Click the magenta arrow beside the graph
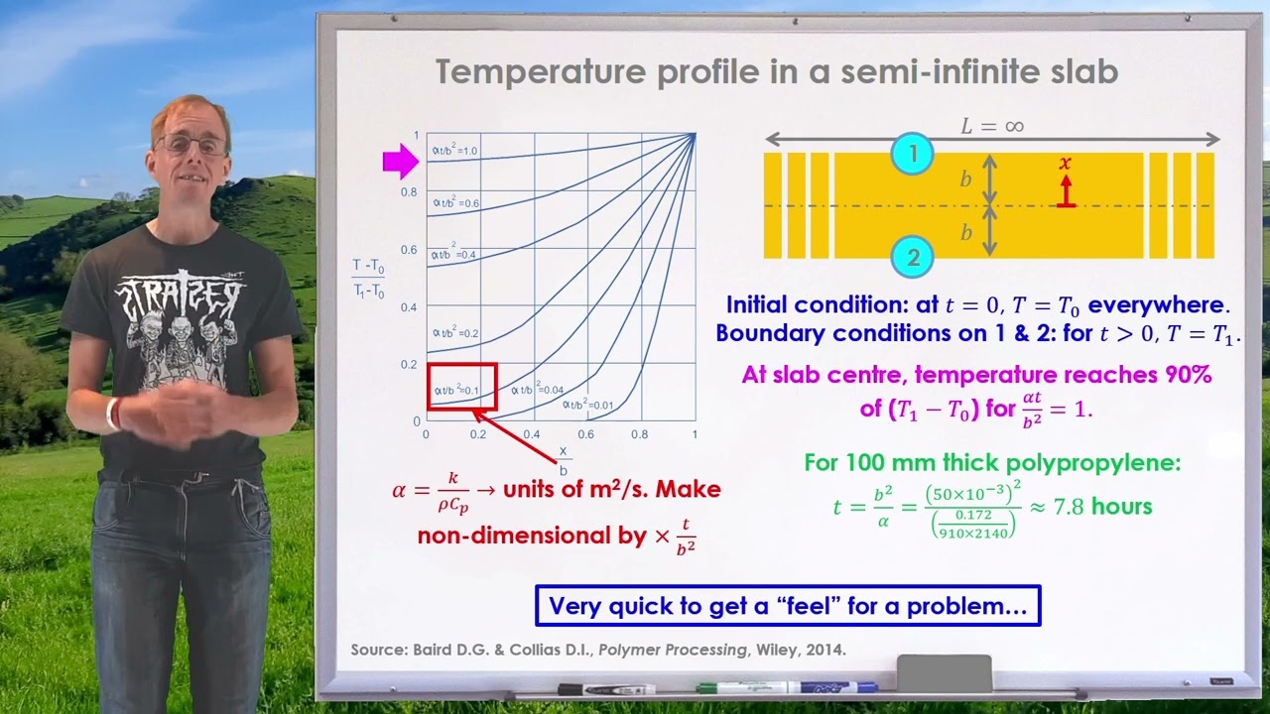tap(401, 161)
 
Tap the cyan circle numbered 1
tap(913, 154)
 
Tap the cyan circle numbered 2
tap(913, 258)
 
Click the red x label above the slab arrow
tap(1066, 164)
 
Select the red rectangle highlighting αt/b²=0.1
tap(461, 387)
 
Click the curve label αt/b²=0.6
tap(455, 202)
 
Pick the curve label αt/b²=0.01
tap(588, 405)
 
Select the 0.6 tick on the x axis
tap(587, 435)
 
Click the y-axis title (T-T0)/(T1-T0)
tap(368, 279)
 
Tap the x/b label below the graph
tap(564, 460)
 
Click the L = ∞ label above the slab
tap(991, 126)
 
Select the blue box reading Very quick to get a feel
tap(788, 606)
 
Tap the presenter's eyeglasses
tap(190, 145)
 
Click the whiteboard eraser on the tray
tap(944, 672)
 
